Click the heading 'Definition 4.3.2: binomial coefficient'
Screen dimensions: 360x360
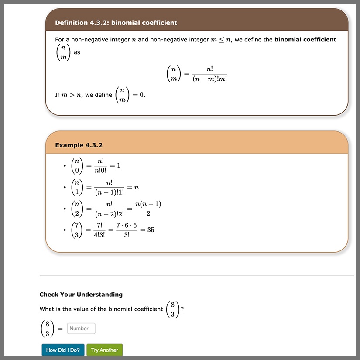(116, 23)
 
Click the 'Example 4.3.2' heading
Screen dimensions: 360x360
(79, 145)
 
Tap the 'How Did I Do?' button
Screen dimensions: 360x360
(62, 350)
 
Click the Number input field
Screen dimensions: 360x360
(81, 329)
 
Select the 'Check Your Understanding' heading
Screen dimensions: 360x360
(81, 295)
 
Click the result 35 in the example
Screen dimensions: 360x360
(151, 230)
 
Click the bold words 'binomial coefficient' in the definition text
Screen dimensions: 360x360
(305, 40)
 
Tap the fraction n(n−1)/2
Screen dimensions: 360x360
(148, 209)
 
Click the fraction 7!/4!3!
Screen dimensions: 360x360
(99, 230)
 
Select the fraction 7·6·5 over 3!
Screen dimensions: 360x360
(127, 230)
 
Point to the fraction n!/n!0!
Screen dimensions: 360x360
(100, 166)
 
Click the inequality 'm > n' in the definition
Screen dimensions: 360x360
(69, 95)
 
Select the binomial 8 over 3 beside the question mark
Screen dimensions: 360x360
(173, 309)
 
